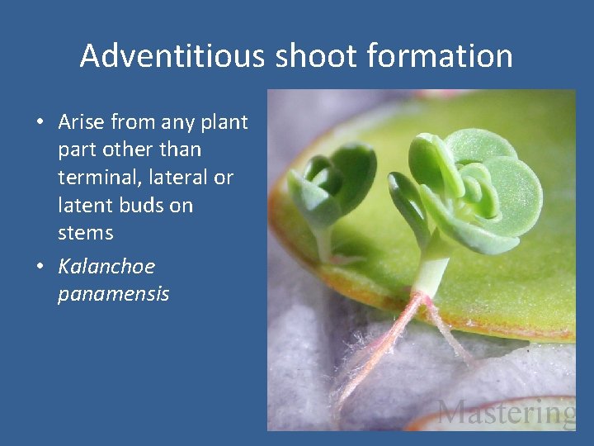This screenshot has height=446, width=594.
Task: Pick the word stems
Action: click(85, 233)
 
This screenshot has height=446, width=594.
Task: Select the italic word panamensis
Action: click(113, 294)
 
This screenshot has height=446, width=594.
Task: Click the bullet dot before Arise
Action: click(40, 123)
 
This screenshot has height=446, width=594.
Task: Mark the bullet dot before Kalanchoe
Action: click(40, 268)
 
